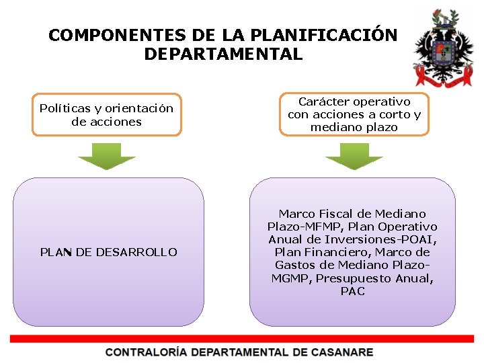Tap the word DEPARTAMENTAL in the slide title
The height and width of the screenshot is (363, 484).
pyautogui.click(x=223, y=54)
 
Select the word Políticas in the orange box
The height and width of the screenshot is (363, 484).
pyautogui.click(x=63, y=108)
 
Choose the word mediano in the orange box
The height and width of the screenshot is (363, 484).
pyautogui.click(x=335, y=127)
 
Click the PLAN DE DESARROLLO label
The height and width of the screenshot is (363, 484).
pyautogui.click(x=109, y=252)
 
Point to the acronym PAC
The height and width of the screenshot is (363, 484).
pyautogui.click(x=353, y=291)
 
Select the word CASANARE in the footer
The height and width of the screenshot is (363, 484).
pyautogui.click(x=341, y=352)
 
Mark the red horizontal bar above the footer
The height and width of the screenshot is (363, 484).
pyautogui.click(x=242, y=339)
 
